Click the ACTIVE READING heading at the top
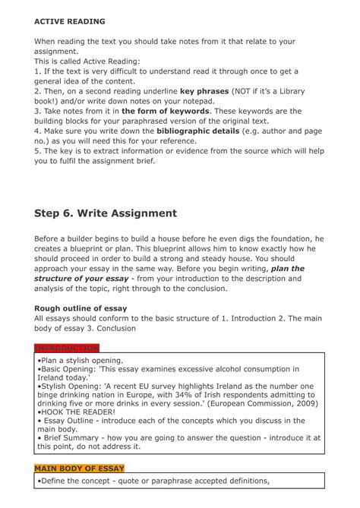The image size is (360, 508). (x=70, y=21)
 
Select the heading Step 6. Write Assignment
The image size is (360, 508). (x=106, y=213)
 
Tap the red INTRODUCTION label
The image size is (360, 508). (x=67, y=348)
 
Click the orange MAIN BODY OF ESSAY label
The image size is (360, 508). (x=79, y=468)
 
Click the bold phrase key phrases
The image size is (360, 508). (x=206, y=90)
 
